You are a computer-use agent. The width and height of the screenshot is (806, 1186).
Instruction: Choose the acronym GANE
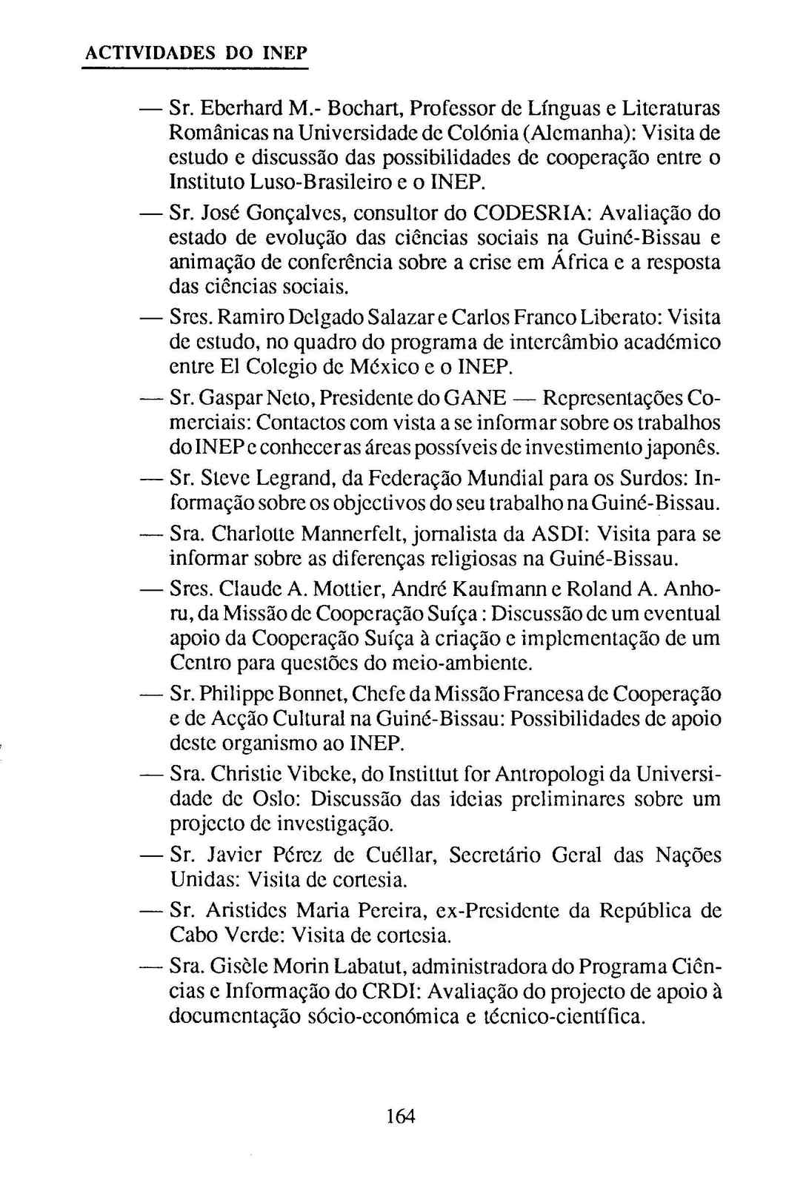[x=474, y=398]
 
